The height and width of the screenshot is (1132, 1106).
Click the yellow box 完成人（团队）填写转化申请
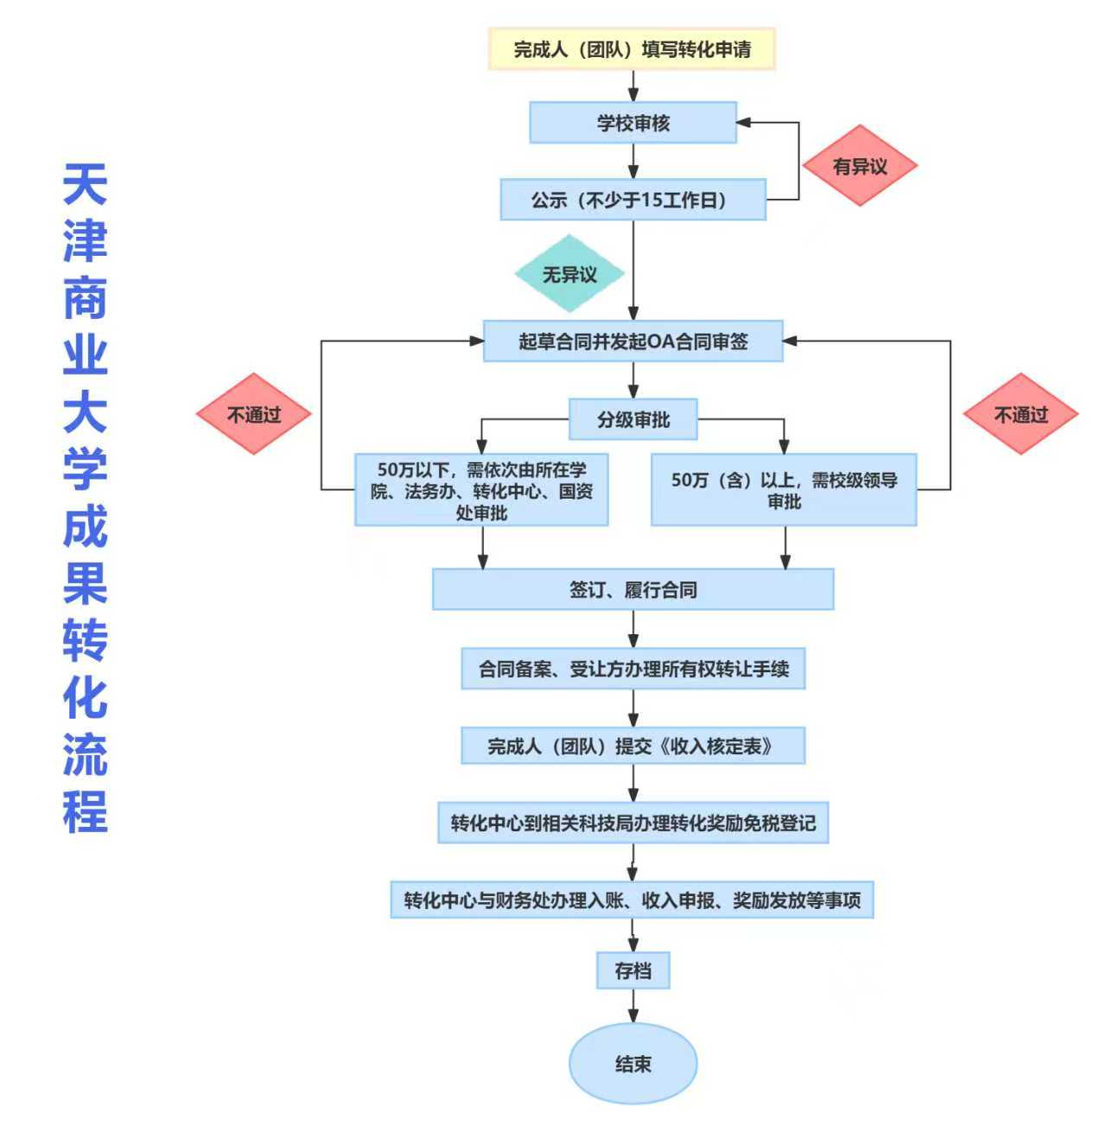[632, 48]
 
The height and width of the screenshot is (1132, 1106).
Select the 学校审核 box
[632, 123]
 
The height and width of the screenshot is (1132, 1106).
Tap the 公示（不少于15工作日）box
[632, 200]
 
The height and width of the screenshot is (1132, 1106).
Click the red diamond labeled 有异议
[859, 166]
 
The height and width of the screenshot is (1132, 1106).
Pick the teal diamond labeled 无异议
[569, 274]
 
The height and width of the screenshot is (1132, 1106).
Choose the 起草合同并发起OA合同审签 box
[632, 341]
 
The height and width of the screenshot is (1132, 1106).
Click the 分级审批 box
[632, 420]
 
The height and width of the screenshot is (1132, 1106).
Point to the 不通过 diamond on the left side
[254, 414]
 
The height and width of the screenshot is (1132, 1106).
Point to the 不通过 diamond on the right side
[1020, 414]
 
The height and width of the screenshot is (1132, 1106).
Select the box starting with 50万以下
[481, 490]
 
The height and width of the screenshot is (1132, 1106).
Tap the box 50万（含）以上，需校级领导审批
[784, 490]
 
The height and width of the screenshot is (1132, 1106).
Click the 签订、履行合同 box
[632, 589]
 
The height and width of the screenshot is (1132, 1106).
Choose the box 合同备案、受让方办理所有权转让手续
[632, 668]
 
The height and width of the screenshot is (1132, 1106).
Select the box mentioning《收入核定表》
[632, 746]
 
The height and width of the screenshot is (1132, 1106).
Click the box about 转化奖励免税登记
[632, 823]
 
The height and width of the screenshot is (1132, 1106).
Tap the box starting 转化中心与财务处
[632, 900]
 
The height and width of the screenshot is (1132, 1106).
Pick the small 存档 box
[632, 970]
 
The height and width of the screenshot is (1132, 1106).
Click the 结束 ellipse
[632, 1064]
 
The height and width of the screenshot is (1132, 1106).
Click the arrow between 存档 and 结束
[632, 1007]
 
